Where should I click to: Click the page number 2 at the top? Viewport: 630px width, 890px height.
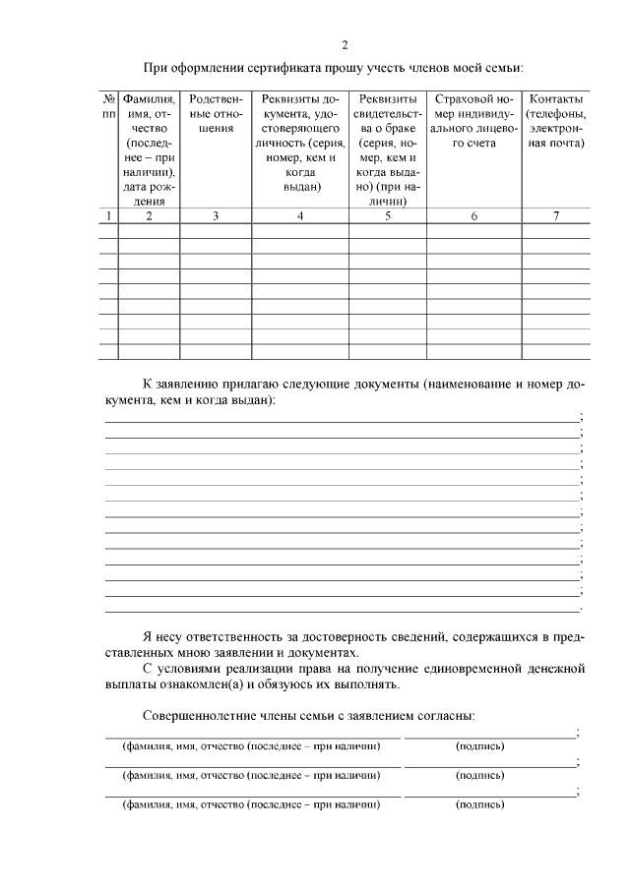pos(345,44)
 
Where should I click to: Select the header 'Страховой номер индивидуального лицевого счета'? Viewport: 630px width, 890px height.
pos(473,121)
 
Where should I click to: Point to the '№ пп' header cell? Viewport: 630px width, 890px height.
pos(108,107)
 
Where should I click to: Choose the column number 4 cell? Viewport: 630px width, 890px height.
pos(299,216)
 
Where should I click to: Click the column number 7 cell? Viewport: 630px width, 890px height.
pos(556,216)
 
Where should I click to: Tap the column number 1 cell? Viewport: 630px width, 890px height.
pos(108,216)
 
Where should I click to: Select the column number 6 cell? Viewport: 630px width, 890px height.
pos(473,216)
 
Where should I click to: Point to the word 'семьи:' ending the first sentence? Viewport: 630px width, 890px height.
pos(501,68)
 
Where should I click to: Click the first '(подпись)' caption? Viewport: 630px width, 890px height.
pos(480,746)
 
